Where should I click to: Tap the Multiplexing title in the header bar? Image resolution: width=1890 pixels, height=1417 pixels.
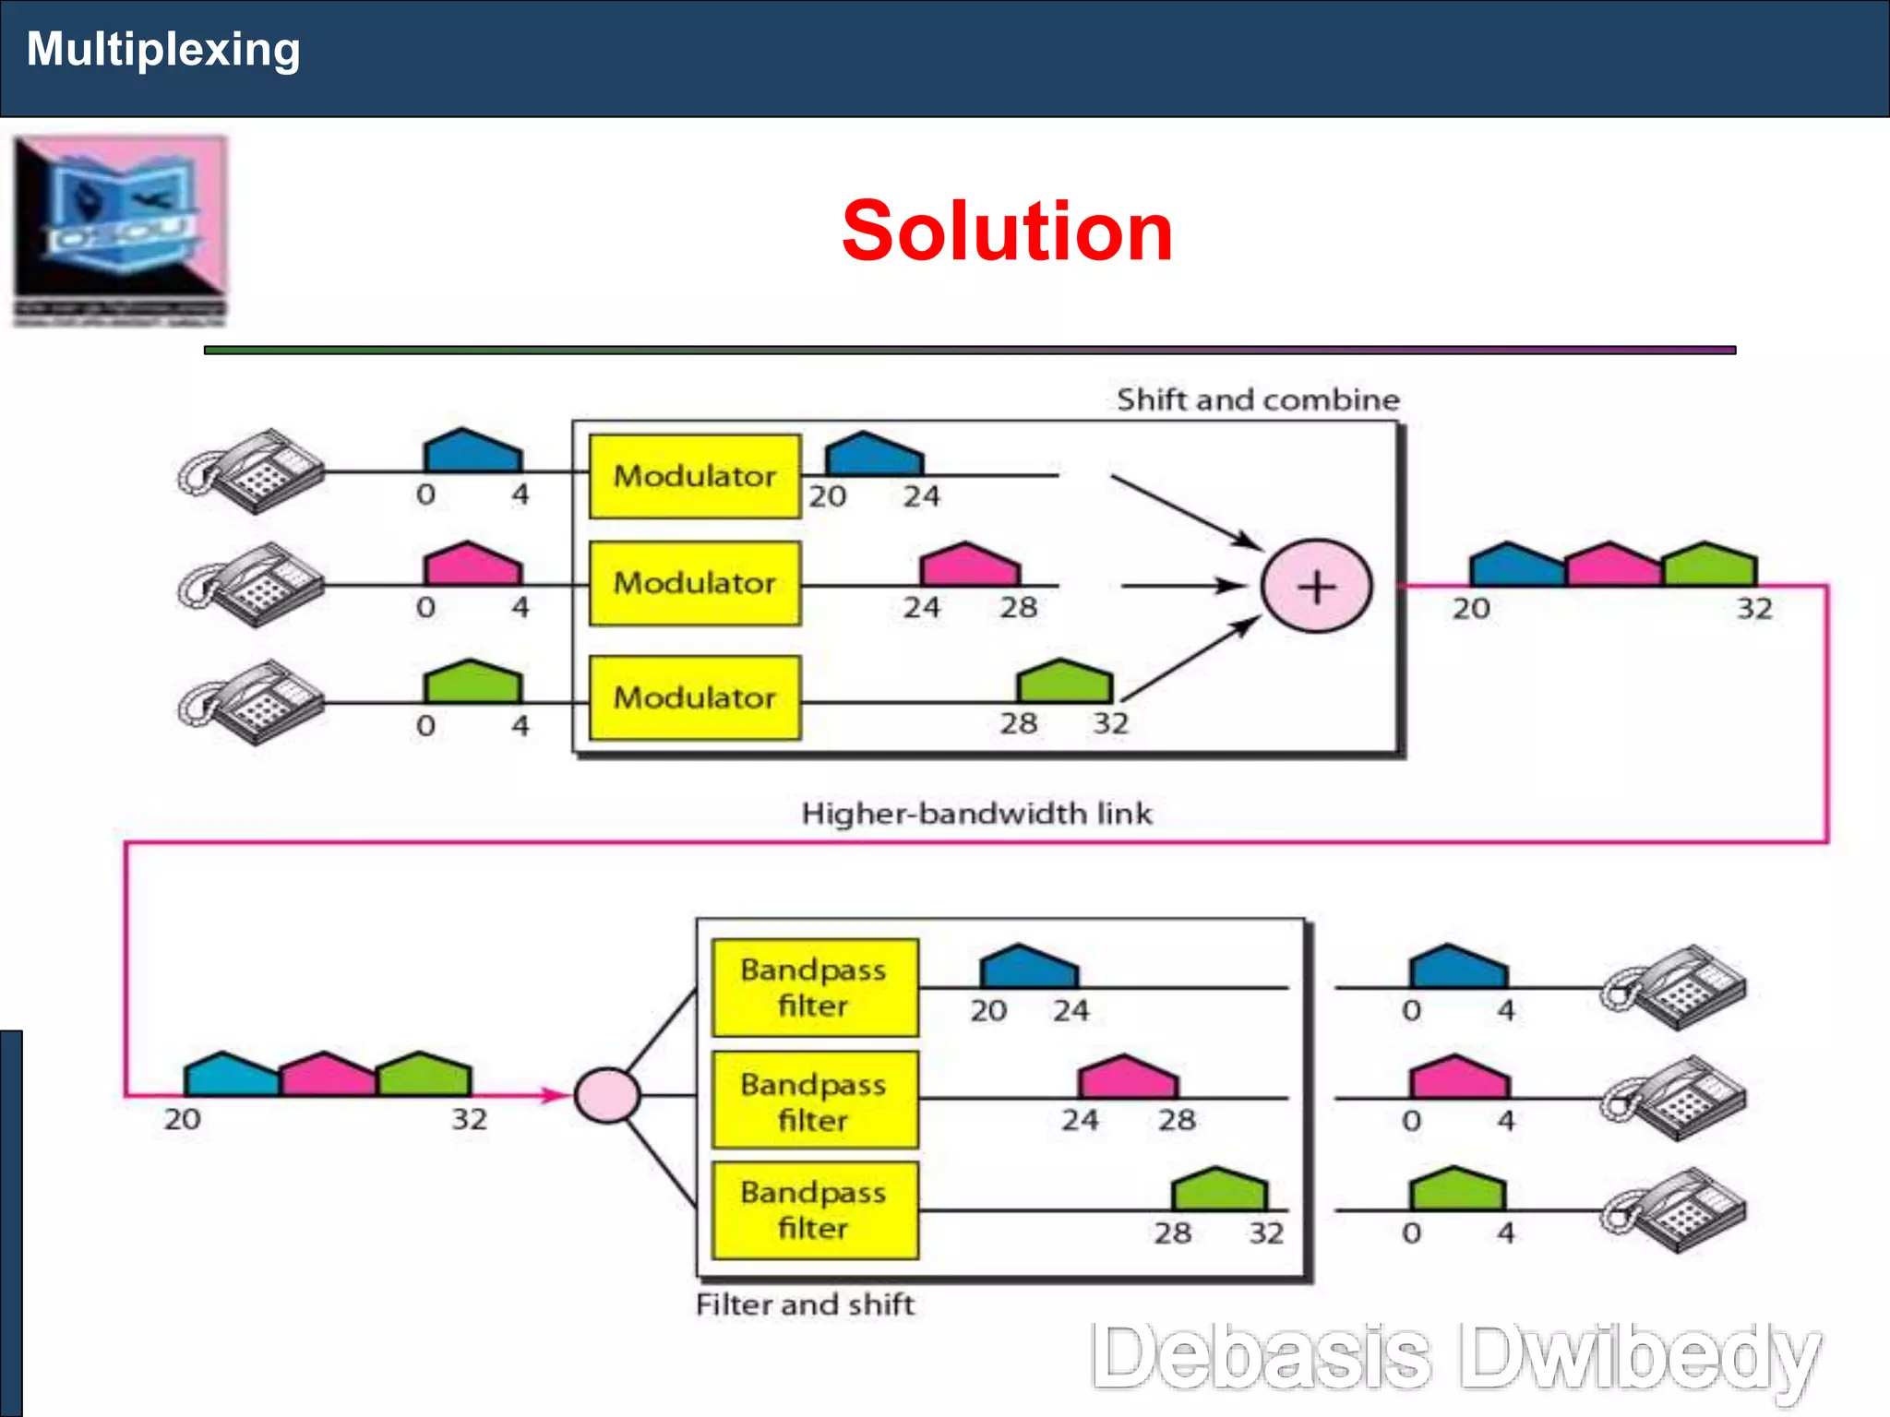163,49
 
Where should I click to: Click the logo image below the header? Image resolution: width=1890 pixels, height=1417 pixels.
120,231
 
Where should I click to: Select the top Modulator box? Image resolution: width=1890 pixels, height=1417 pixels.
694,476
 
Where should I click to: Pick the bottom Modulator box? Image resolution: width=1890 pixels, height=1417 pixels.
694,697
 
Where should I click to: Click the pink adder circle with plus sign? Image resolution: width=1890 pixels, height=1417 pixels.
1317,587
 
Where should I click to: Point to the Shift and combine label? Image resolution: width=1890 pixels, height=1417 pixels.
1258,399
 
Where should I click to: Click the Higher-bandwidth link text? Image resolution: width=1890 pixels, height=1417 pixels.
976,814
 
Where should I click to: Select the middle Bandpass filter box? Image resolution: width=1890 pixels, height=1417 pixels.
814,1101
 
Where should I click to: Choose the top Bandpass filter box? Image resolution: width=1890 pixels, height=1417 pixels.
814,988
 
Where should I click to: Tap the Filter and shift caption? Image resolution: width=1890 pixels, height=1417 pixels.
805,1304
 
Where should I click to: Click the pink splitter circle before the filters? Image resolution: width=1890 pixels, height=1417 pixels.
606,1096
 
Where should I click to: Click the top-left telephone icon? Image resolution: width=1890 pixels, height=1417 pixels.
251,470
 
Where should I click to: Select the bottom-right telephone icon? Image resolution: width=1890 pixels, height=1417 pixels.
1675,1210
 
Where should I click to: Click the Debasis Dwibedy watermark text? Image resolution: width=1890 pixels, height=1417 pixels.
1455,1356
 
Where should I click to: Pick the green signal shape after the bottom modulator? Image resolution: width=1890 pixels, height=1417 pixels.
1064,683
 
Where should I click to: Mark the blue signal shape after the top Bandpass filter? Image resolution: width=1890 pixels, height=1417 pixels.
1028,968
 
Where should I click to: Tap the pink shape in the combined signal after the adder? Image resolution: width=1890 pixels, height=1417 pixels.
1612,566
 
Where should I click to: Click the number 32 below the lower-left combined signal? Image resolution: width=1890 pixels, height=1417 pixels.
469,1119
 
